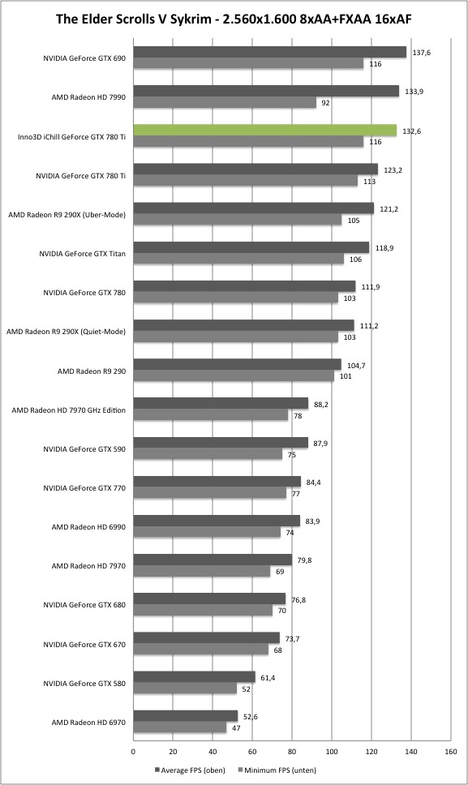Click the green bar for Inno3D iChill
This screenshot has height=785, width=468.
point(264,131)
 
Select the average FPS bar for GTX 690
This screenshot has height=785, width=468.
point(270,52)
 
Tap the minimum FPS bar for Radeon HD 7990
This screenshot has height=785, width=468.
point(225,103)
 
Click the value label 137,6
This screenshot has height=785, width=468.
point(421,53)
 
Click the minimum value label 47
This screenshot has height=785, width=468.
point(236,728)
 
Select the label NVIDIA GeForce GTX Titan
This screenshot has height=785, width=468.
point(83,254)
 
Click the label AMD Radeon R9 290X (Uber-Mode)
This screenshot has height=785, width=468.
point(67,215)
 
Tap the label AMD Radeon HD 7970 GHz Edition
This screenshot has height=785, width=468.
point(69,410)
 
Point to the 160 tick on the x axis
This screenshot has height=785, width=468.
point(450,752)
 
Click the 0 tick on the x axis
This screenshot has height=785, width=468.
point(133,752)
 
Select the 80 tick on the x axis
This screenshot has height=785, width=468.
point(292,752)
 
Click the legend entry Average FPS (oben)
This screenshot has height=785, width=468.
point(190,770)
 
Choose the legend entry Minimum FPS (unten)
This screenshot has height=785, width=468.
point(277,770)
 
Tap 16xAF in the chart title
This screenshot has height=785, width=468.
point(393,19)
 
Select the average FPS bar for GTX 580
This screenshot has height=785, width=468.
point(194,677)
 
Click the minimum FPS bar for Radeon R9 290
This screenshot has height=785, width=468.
point(234,375)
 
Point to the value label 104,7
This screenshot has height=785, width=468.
point(356,366)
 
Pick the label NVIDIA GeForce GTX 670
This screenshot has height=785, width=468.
point(84,645)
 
